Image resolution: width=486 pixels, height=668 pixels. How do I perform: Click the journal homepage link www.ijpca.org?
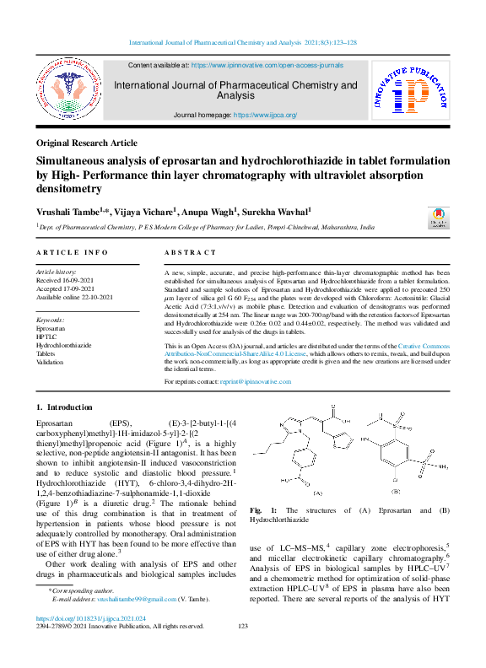(265, 115)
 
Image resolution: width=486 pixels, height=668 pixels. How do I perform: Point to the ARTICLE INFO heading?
(72, 252)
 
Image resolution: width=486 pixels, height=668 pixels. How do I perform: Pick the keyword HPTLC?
(48, 337)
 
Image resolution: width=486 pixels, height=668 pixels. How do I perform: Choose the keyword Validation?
(51, 362)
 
